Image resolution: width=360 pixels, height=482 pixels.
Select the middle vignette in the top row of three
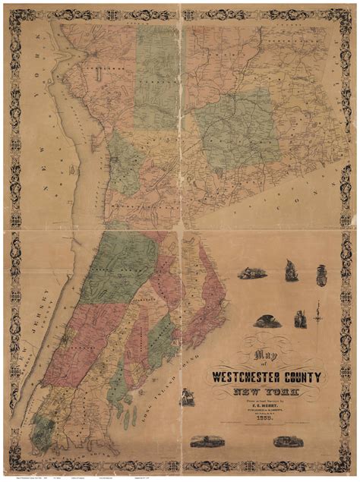click(x=291, y=270)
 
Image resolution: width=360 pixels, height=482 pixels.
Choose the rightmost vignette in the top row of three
click(x=321, y=272)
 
